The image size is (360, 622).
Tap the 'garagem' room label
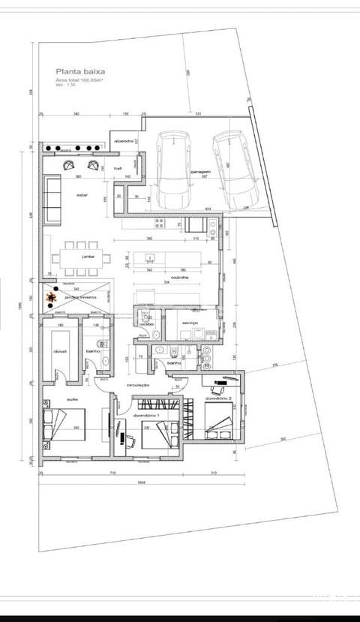point(199,172)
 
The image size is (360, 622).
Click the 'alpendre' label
point(123,141)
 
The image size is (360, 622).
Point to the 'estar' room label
point(83,195)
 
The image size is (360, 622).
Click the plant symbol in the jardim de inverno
point(52,299)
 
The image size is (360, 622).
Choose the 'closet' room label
point(60,351)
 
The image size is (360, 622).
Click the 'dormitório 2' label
point(220,399)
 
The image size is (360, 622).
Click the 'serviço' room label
point(189,323)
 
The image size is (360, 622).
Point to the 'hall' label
point(118,169)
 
